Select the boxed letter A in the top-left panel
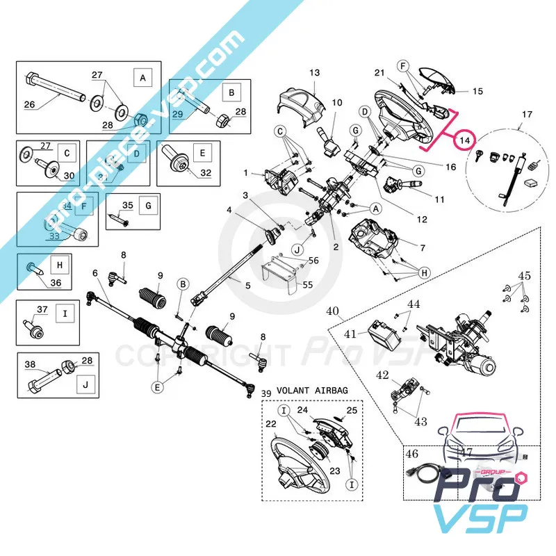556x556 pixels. coord(143,78)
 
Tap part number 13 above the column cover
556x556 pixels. coord(314,72)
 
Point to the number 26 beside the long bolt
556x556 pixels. coord(30,105)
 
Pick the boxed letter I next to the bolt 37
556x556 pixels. coord(65,314)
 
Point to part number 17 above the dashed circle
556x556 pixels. coord(526,114)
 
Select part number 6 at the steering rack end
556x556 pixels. coord(95,273)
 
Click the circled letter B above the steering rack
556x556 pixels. coord(183,284)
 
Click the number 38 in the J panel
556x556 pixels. coord(30,364)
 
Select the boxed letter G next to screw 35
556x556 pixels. coord(148,206)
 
